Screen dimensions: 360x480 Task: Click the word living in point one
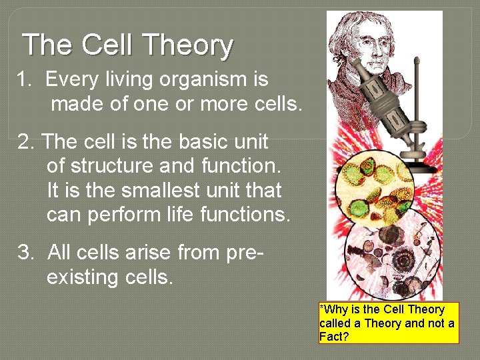pos(127,80)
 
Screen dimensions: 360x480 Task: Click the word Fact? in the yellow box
pos(334,337)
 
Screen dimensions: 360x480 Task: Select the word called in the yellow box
pos(335,323)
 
